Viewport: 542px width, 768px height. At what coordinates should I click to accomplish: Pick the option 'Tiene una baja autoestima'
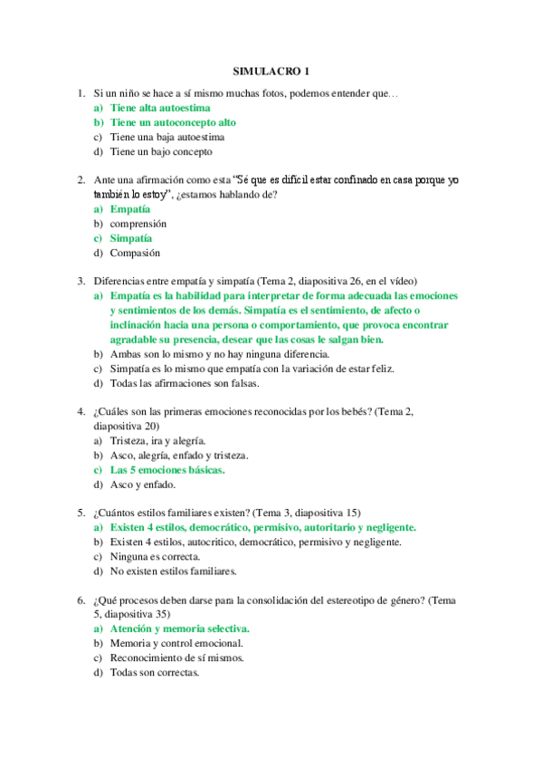[166, 138]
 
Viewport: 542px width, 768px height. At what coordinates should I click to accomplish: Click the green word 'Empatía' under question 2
[130, 207]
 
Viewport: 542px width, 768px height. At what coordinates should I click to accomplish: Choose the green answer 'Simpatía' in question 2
[132, 238]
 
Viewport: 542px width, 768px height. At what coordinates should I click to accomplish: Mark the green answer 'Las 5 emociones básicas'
[167, 470]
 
